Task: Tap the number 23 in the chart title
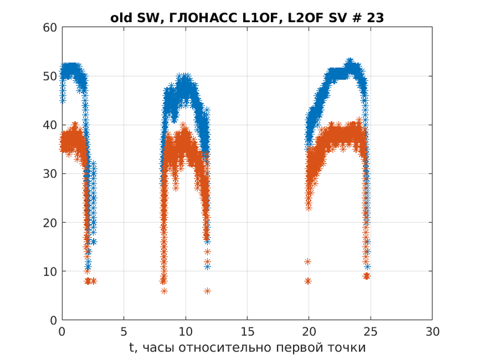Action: point(375,18)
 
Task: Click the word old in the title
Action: point(121,18)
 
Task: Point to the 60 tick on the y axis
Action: point(50,28)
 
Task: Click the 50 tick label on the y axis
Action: point(50,76)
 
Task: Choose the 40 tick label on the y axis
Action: point(50,125)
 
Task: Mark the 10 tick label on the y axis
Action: point(50,271)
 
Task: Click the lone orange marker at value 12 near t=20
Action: point(308,262)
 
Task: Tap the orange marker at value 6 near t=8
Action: point(164,291)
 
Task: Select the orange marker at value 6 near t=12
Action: point(207,291)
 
